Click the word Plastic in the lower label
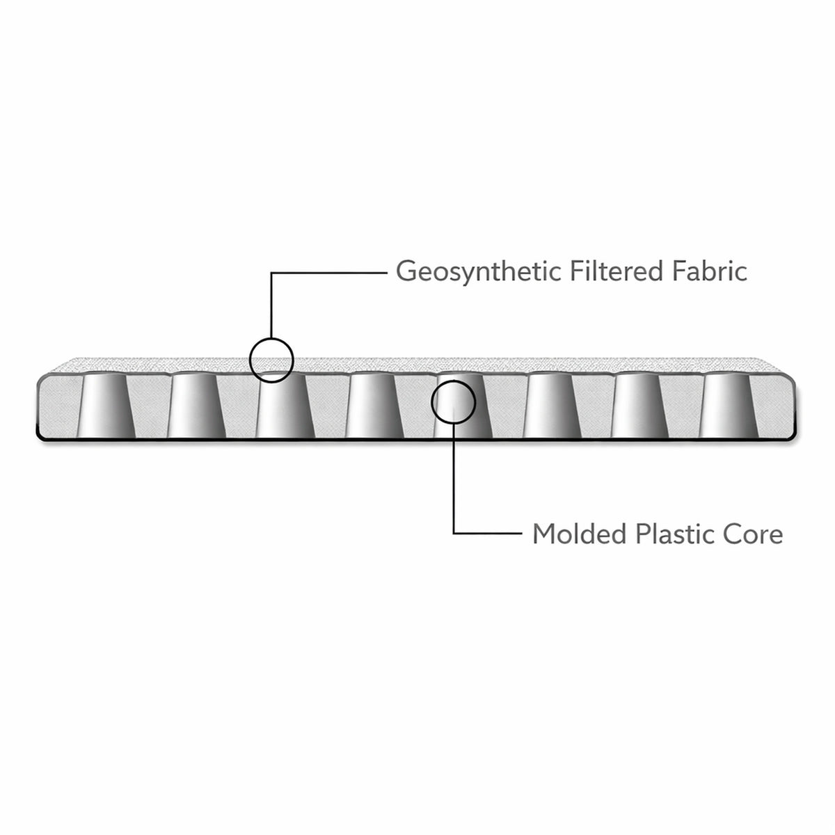coord(673,534)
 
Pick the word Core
coord(755,534)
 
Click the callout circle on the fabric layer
coord(271,360)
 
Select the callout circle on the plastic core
coord(454,401)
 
